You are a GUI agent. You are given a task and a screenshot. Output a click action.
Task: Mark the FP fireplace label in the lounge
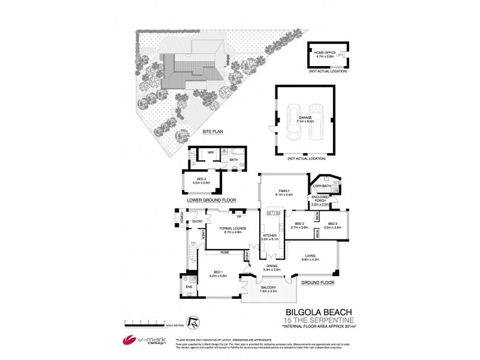[239, 216]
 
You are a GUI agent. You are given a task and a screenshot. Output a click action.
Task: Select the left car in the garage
[295, 122]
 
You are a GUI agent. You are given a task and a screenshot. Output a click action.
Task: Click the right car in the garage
[317, 122]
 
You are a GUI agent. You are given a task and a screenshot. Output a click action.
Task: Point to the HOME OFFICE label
[323, 53]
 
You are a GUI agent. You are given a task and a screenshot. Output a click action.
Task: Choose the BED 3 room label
[332, 226]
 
